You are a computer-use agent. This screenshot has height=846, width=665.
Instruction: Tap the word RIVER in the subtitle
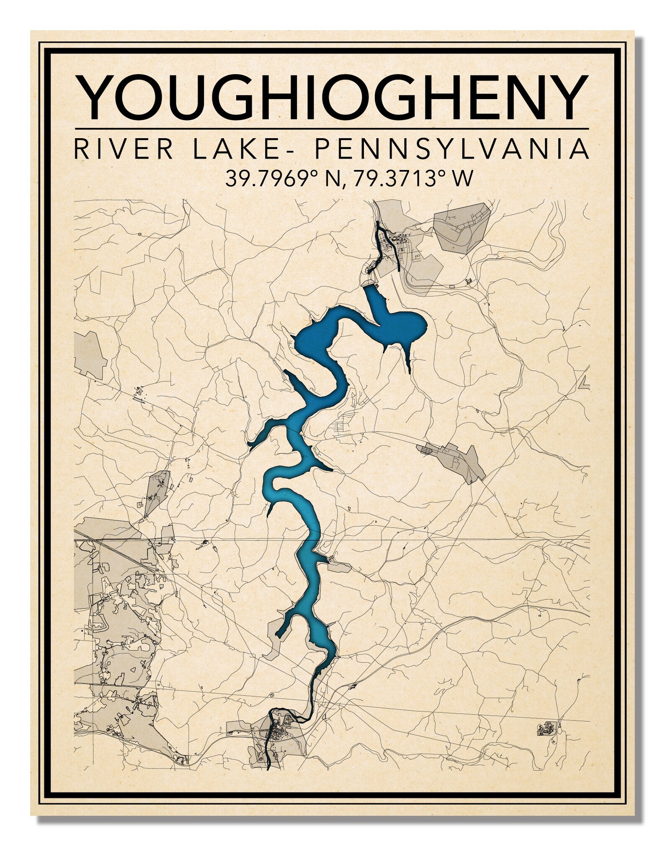124,149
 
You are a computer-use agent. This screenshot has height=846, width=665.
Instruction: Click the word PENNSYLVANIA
451,149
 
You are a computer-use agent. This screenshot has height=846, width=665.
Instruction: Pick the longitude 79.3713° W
412,179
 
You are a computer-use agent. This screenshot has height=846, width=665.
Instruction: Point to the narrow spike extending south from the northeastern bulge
407,360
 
